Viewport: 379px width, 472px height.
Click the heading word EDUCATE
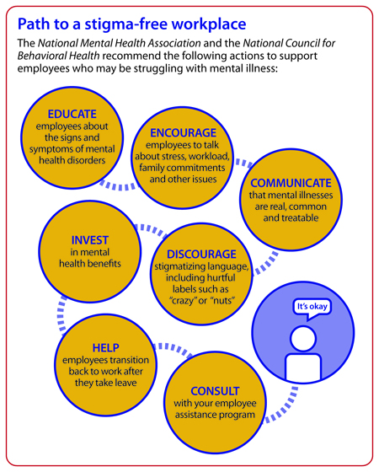click(x=72, y=114)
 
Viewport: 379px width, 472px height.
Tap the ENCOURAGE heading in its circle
click(x=184, y=133)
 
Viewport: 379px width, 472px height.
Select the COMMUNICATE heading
click(x=291, y=183)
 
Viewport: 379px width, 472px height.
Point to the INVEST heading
click(x=89, y=240)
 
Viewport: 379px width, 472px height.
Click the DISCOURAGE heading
click(x=201, y=254)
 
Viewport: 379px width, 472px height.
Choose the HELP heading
click(x=105, y=347)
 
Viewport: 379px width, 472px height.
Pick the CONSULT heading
click(x=215, y=391)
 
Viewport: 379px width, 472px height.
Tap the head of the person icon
click(x=303, y=338)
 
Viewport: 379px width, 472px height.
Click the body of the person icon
click(x=303, y=367)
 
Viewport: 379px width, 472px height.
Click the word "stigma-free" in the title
click(x=125, y=24)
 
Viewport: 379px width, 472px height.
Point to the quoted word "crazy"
click(x=184, y=301)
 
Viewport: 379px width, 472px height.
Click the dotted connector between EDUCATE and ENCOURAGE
click(x=118, y=186)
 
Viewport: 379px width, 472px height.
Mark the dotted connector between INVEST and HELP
click(x=61, y=315)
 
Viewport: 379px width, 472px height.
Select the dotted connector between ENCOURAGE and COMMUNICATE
click(x=244, y=163)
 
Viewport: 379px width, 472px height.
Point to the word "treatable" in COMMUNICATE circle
click(x=291, y=217)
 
